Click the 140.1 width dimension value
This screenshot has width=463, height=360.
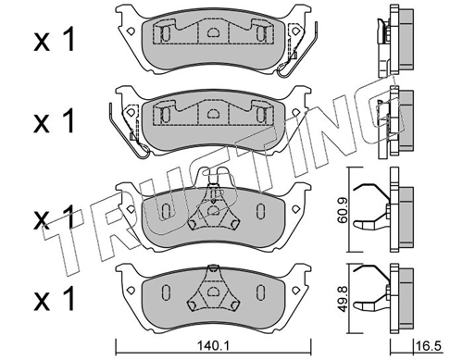coord(213,346)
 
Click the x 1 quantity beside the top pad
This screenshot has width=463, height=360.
coord(55,39)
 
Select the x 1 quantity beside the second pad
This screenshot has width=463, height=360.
coord(55,121)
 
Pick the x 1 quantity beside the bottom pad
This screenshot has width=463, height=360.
coord(55,298)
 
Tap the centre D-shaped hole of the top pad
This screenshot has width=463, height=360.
coord(212,31)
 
